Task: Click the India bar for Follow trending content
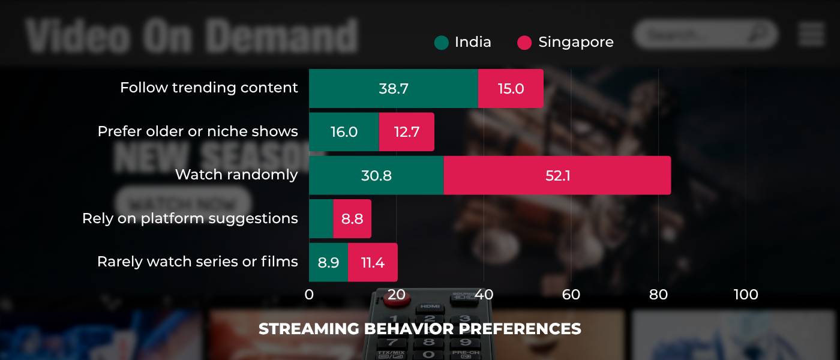[394, 88]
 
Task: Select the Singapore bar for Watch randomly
[557, 175]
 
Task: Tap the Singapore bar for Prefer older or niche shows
[406, 132]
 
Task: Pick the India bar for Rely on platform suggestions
[321, 218]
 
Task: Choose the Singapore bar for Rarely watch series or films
[373, 262]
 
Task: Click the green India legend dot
[442, 43]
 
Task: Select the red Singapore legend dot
[524, 43]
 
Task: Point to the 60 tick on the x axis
[571, 295]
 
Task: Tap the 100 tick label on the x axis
[746, 295]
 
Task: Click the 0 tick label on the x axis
[309, 295]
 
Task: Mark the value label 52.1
[557, 175]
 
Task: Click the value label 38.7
[394, 89]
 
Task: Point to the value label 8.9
[328, 262]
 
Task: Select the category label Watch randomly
[236, 175]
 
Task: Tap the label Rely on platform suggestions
[190, 218]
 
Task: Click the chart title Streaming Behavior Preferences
[420, 329]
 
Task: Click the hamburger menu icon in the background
[811, 34]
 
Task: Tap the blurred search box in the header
[706, 34]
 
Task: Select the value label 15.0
[511, 89]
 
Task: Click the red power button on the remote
[397, 298]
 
